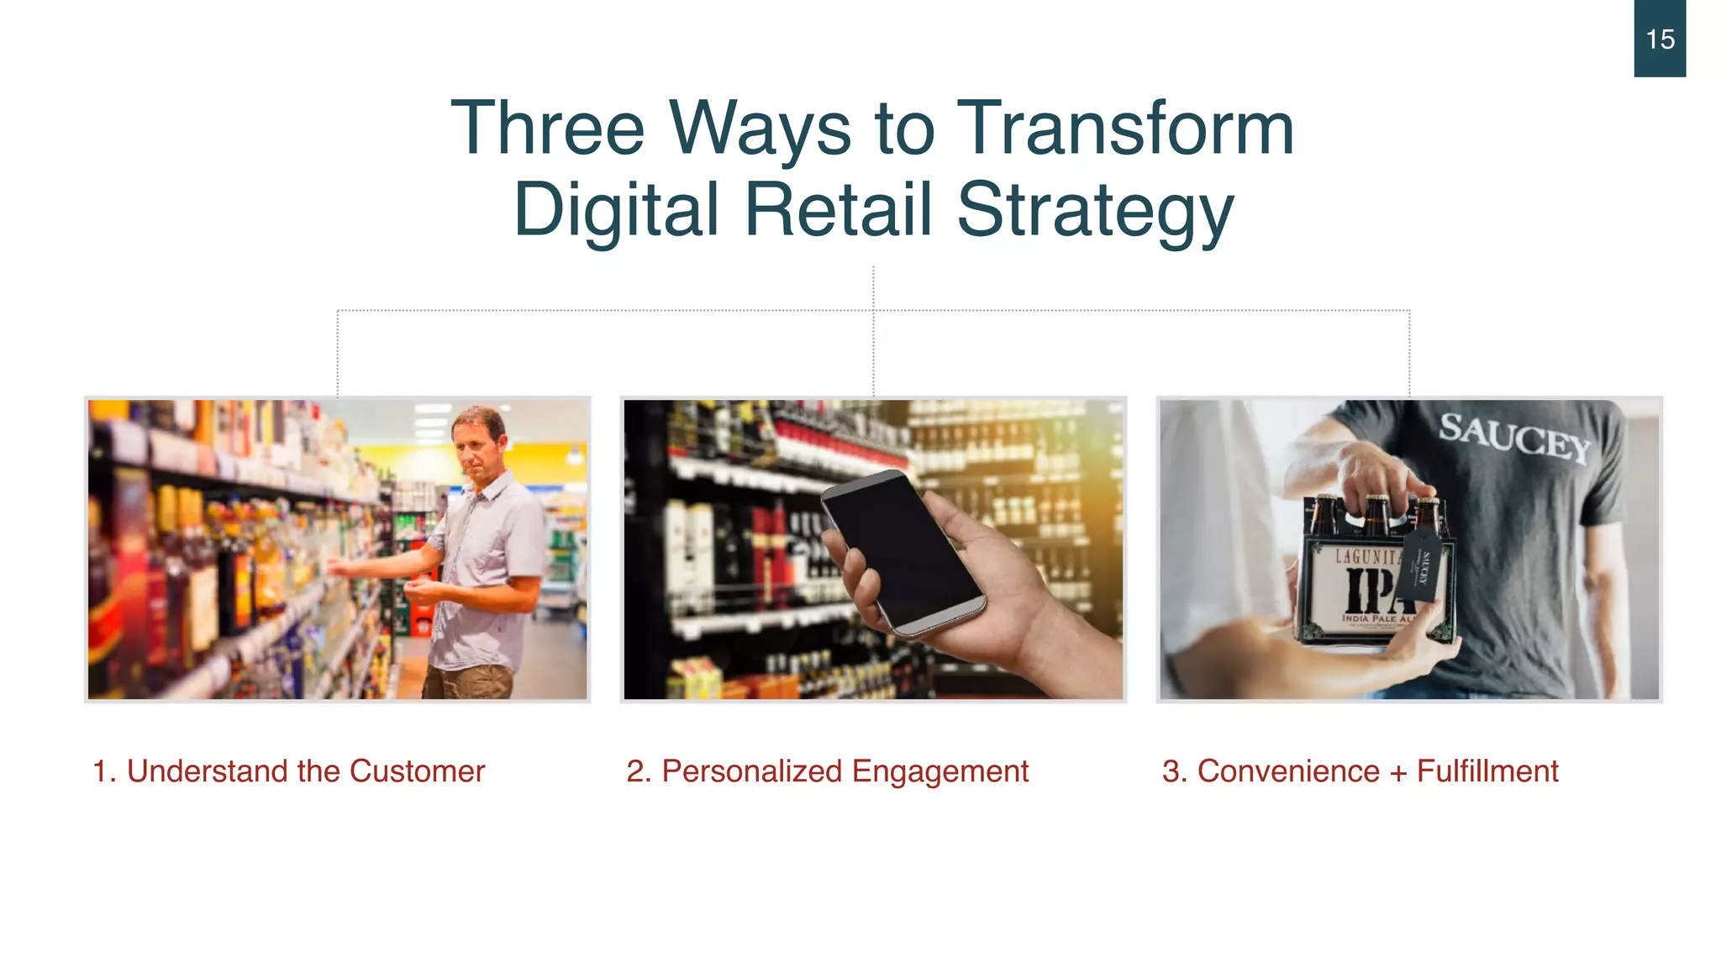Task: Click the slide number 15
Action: [x=1660, y=39]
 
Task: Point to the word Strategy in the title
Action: [x=1096, y=210]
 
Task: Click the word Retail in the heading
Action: [x=839, y=210]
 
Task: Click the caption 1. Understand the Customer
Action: [x=288, y=771]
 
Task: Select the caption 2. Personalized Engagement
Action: [x=827, y=771]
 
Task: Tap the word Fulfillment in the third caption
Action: [x=1487, y=771]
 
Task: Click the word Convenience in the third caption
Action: [x=1288, y=771]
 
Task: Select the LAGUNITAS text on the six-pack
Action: [x=1366, y=556]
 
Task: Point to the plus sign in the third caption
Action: [x=1398, y=772]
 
